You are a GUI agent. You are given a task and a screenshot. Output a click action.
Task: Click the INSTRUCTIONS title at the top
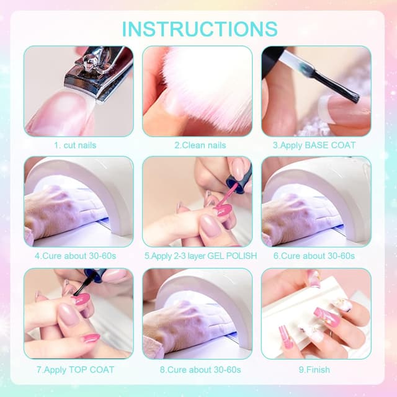click(x=199, y=29)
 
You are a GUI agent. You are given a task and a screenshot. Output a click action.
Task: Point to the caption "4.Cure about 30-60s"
click(x=78, y=256)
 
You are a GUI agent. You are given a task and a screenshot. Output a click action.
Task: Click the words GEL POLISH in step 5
click(x=228, y=256)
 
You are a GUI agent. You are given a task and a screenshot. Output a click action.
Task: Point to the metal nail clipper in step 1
click(x=99, y=71)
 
